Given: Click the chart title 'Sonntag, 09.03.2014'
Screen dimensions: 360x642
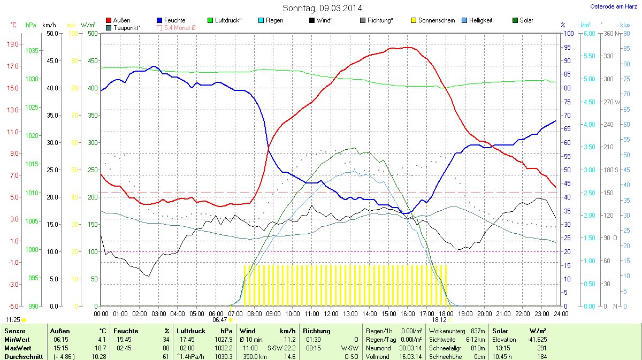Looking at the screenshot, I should pos(322,8).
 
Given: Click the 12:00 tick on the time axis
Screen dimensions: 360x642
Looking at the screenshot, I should pos(331,313).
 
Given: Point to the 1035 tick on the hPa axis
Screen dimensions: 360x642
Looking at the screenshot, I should pos(32,51).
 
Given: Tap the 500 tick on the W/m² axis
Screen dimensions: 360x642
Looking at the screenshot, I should pos(92,33).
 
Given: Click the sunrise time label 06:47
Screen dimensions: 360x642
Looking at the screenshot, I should pos(220,320).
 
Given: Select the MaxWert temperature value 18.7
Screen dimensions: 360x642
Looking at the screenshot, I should pos(100,348).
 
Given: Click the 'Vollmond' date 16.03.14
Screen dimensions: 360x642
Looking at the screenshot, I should pos(410,356).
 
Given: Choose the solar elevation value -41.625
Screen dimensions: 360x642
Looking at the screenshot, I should pos(536,339).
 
